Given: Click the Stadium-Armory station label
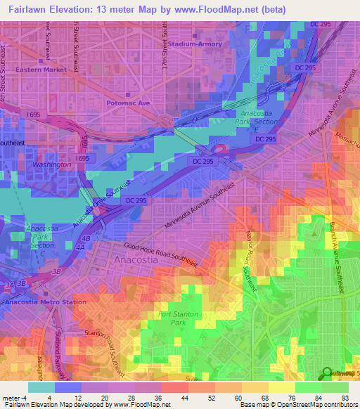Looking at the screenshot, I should point(196,44).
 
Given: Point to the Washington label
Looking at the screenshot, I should point(53,164).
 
